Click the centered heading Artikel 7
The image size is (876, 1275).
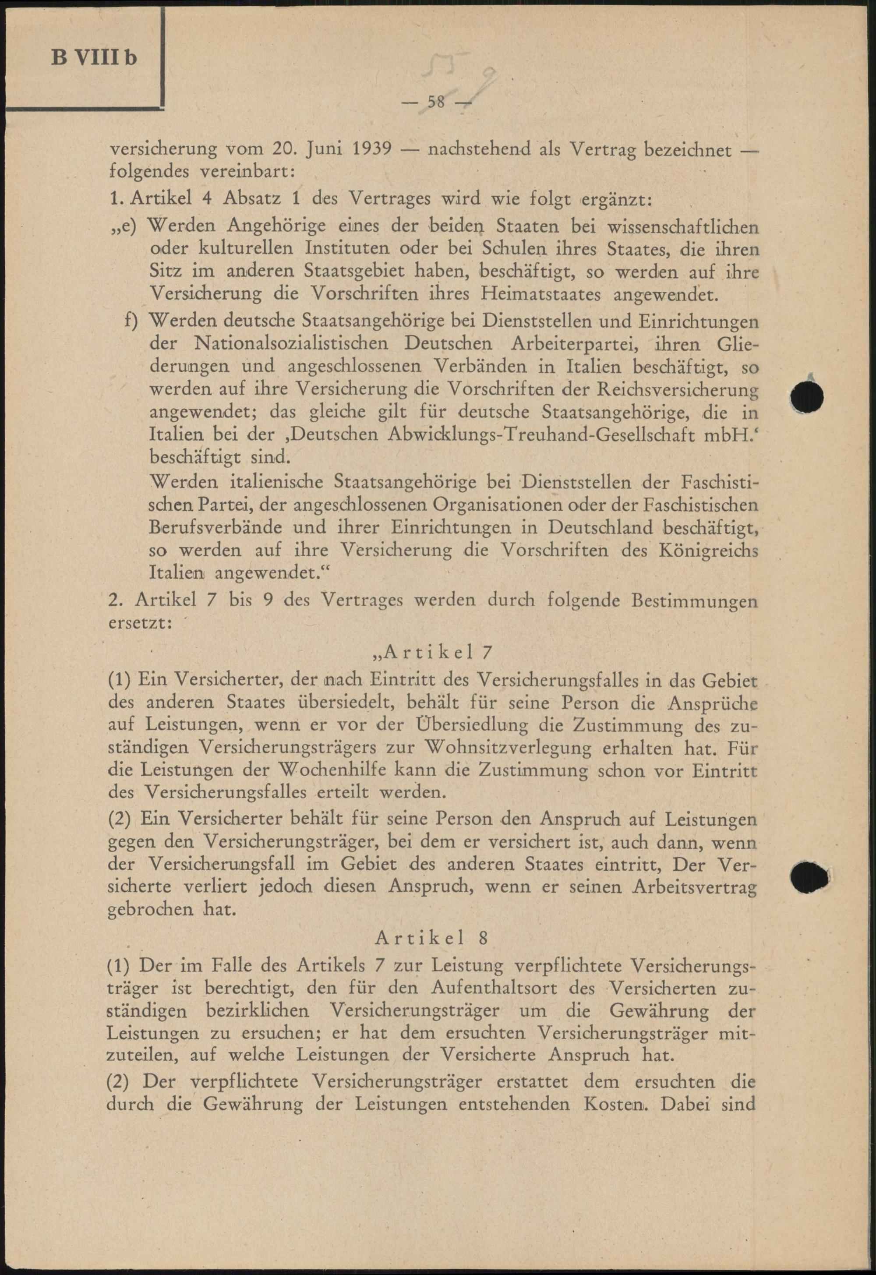[432, 652]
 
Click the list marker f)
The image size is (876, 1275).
[132, 321]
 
